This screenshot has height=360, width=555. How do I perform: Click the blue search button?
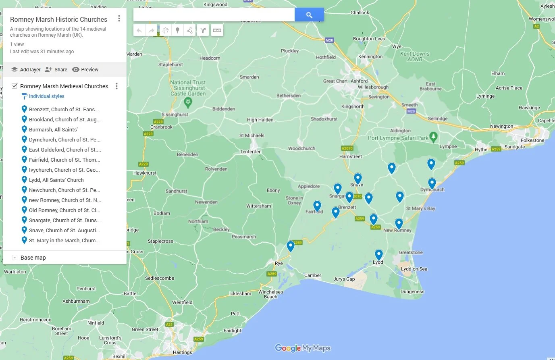[x=309, y=15]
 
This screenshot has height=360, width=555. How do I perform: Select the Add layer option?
[x=26, y=69]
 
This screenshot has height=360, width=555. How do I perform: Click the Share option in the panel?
[x=56, y=69]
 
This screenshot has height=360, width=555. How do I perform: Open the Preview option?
[x=85, y=69]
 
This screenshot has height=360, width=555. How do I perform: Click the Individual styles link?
[x=46, y=96]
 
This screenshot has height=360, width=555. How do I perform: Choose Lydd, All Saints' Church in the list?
[x=56, y=180]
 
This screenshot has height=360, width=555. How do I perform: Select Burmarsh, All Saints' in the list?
[x=53, y=129]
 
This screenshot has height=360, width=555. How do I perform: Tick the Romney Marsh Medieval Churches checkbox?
[x=15, y=86]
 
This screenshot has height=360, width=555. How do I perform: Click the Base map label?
[x=33, y=258]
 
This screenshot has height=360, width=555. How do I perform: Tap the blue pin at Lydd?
[x=378, y=254]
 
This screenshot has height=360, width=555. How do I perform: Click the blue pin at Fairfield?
[x=317, y=206]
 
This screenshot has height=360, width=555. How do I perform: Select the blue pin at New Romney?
[x=399, y=223]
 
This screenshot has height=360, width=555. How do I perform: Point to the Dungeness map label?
[x=412, y=291]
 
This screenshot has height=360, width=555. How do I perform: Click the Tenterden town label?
[x=251, y=152]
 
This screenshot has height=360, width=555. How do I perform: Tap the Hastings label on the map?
[x=182, y=352]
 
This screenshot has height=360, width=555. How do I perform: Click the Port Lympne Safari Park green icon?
[x=433, y=137]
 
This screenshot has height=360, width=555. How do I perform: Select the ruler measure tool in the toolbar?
[x=217, y=30]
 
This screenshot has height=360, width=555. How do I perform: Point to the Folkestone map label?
[x=532, y=140]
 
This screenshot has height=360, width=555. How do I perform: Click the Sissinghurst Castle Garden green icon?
[x=188, y=102]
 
